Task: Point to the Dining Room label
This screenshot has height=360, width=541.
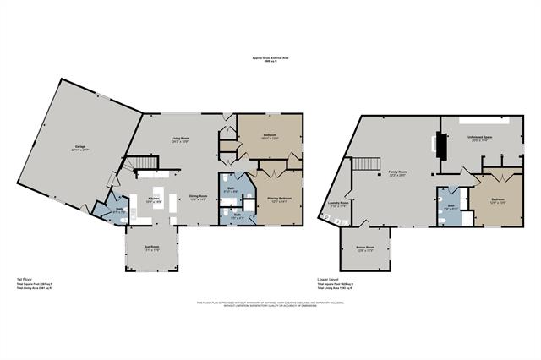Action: pos(198,196)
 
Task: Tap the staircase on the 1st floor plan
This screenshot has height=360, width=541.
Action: pos(141,164)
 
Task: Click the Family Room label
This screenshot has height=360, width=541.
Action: pos(398,175)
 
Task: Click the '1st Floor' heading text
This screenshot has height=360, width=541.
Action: pos(25,278)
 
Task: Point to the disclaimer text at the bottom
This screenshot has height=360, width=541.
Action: pos(270,303)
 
